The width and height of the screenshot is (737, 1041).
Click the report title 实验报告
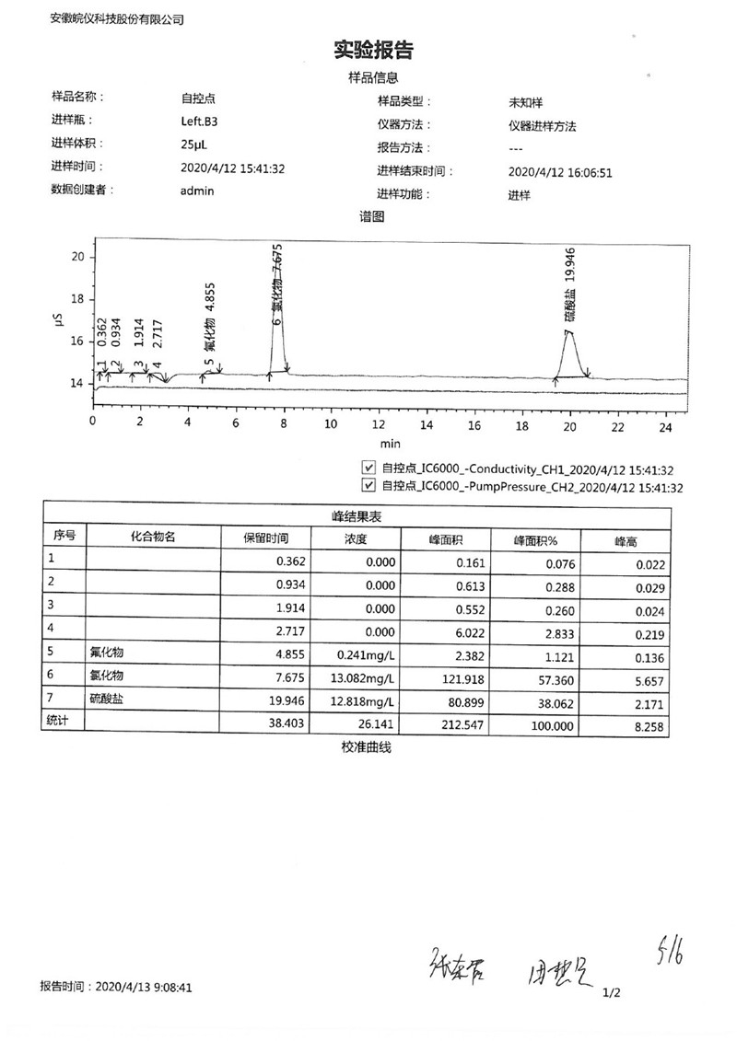tap(372, 50)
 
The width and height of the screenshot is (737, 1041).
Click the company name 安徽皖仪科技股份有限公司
tap(117, 18)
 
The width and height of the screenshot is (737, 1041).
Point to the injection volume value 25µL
tap(194, 144)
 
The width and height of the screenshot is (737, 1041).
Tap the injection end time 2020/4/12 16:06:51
tap(560, 171)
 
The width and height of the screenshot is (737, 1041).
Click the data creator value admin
tap(197, 191)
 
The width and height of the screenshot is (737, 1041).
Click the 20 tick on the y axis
tap(77, 257)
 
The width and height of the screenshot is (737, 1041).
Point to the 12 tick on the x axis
tap(379, 425)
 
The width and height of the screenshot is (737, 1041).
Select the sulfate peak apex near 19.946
tap(570, 332)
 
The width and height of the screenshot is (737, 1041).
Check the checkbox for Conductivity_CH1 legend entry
tap(369, 468)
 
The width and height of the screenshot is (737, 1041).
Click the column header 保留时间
tap(265, 537)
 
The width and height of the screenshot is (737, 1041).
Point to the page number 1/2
tap(612, 993)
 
